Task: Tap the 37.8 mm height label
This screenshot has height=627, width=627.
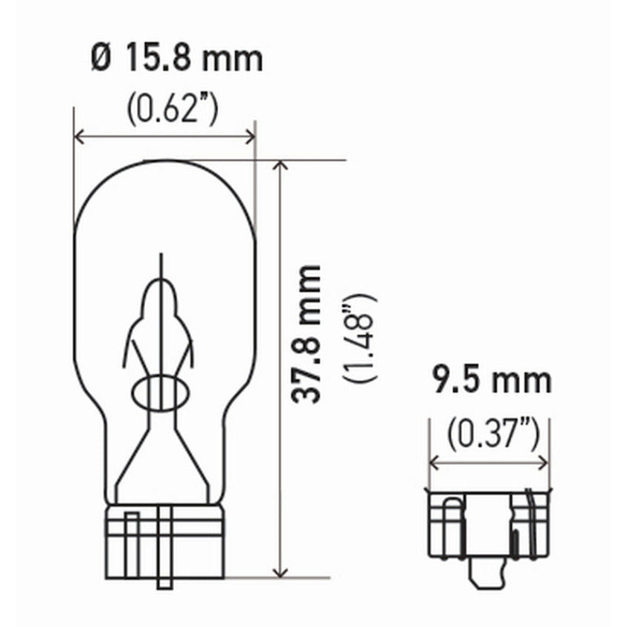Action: (x=306, y=334)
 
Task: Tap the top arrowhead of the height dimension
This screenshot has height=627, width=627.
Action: (x=280, y=165)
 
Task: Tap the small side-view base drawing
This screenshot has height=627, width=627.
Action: (x=489, y=524)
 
